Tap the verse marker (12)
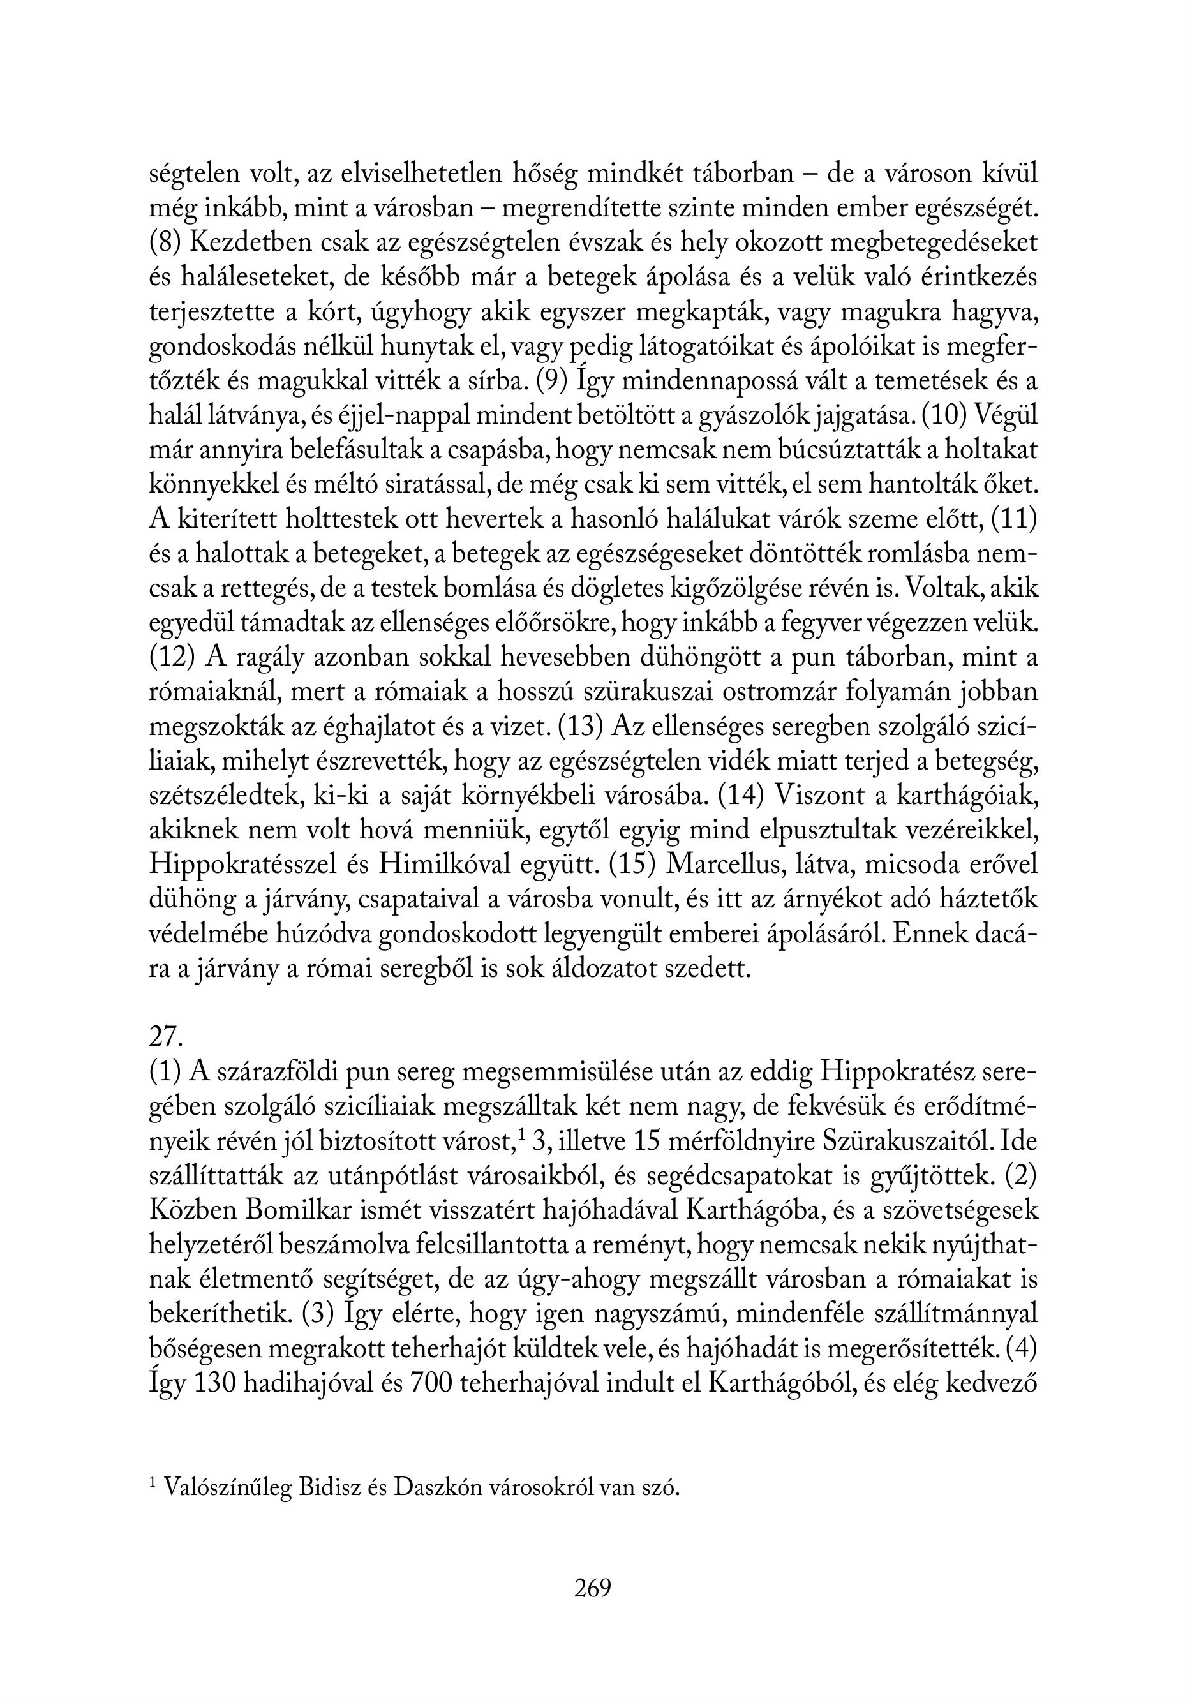(172, 658)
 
